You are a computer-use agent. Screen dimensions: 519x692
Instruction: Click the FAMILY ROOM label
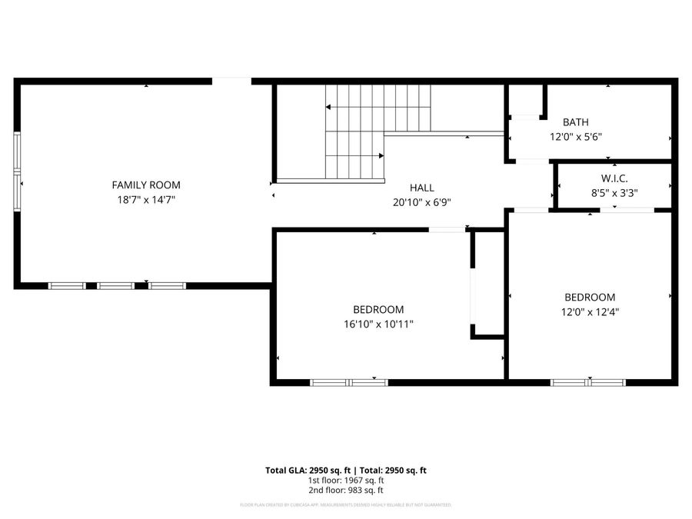point(146,185)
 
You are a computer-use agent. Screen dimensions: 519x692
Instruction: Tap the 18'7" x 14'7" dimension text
point(146,199)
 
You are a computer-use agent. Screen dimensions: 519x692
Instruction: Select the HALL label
point(421,188)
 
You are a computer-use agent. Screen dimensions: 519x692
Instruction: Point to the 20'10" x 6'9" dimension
point(421,203)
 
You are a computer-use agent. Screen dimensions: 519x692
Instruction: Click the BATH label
point(575,122)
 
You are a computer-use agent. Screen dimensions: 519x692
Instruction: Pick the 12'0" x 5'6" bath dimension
point(575,137)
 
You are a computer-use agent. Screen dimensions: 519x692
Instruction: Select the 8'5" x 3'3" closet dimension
point(614,194)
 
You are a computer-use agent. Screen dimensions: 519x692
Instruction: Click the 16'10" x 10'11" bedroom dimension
point(378,324)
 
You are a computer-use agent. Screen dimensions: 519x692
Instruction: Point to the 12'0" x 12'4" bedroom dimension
point(590,312)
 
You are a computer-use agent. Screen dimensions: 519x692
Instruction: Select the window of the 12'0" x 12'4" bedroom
point(589,381)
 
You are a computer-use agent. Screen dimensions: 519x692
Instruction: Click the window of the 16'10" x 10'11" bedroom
point(349,381)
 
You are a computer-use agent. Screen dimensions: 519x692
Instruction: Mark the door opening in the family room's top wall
point(231,80)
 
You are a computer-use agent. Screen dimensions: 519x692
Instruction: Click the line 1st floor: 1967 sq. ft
point(345,480)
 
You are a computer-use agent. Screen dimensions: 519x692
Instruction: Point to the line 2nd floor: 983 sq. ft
point(345,490)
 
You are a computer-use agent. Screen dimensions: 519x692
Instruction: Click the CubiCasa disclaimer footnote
point(345,505)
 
